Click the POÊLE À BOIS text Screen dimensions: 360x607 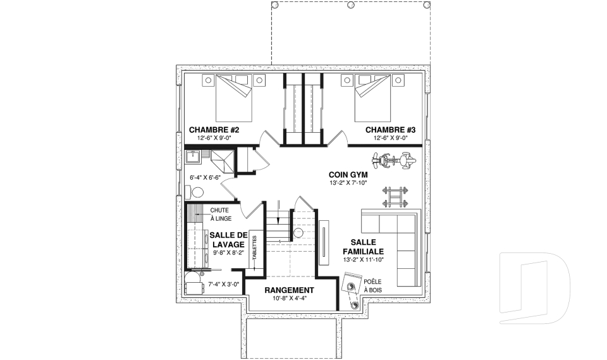[373, 285]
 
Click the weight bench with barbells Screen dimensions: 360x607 [395, 197]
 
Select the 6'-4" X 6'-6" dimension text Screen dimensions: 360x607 [205, 178]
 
